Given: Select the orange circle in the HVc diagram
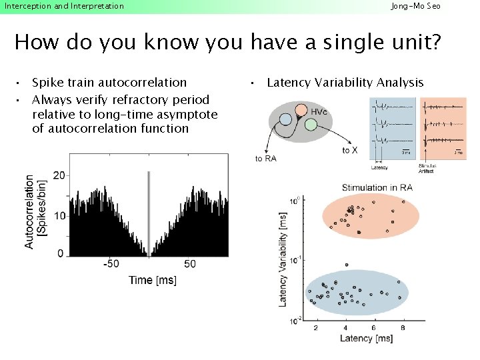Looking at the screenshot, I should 300,109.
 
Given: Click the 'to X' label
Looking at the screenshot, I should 349,151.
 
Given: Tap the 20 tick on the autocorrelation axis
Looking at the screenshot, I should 59,175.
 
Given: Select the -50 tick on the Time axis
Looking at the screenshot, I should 111,264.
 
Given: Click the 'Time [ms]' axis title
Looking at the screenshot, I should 153,280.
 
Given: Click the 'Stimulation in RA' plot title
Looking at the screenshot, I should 377,187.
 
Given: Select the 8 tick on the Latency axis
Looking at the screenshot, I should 404,327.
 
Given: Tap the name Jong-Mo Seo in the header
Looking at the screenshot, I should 415,6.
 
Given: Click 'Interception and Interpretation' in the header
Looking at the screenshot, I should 64,6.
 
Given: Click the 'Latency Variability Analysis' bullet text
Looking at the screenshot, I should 345,83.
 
